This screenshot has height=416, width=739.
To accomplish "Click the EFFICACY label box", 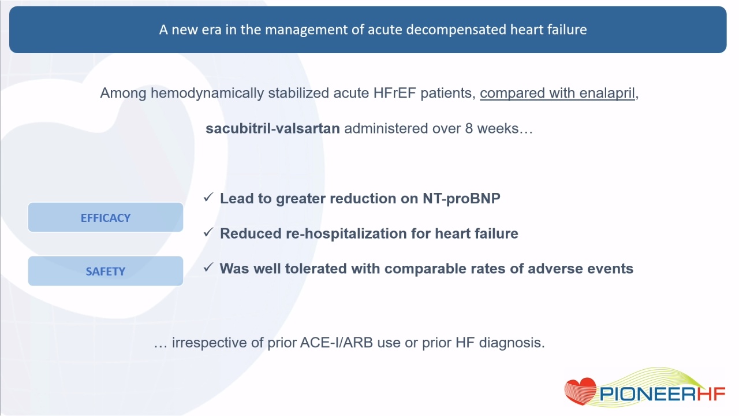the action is tap(106, 217).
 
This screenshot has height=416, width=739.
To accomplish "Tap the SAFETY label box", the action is tap(106, 271).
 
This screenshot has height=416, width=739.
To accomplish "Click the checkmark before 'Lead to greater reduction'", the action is tap(208, 198).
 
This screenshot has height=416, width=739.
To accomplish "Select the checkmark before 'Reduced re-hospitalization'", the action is tap(208, 232).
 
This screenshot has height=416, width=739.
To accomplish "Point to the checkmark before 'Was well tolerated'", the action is tap(208, 268).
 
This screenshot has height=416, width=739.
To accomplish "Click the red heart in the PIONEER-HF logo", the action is tap(581, 391).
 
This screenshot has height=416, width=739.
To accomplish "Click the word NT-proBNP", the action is tap(461, 198).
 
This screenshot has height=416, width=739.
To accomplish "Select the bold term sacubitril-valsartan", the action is tap(273, 128).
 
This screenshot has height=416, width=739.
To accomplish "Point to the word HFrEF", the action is tap(394, 93).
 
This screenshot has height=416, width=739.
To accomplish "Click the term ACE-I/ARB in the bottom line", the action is tap(337, 343).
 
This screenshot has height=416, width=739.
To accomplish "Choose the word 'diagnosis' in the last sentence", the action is tap(512, 343).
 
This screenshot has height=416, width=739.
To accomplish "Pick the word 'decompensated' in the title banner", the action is tap(456, 30).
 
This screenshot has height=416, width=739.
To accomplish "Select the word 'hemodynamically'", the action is tap(207, 94).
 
